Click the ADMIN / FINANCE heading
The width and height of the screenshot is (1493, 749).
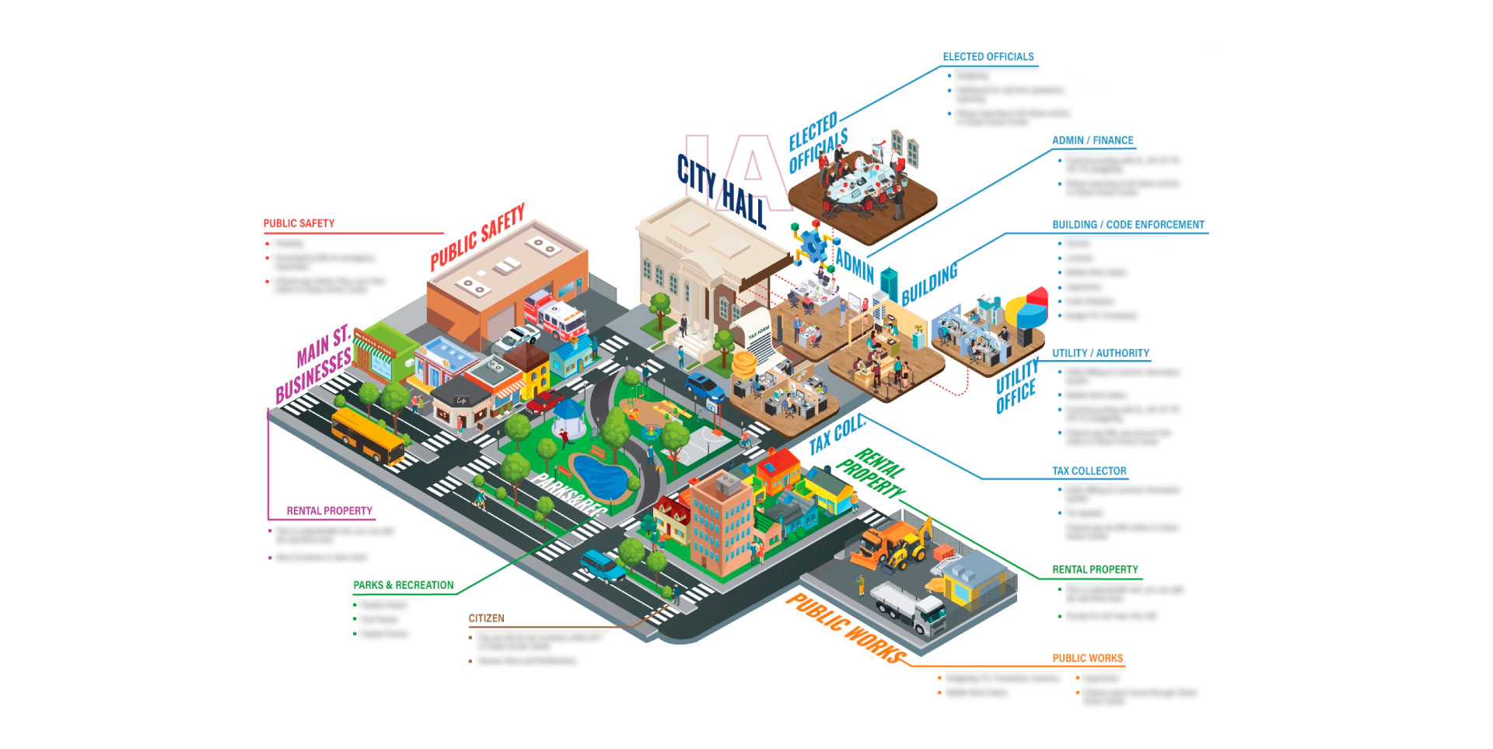pos(1093,141)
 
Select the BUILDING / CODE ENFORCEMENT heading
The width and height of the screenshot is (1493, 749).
pos(1128,225)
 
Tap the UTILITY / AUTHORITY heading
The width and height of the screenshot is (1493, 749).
pos(1100,353)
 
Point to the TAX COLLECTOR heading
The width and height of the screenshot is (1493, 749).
pos(1089,471)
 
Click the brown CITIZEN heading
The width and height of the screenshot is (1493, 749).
pos(486,618)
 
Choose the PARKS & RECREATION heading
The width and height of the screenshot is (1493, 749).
pos(403,585)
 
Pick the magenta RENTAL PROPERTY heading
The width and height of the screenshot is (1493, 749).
pos(329,511)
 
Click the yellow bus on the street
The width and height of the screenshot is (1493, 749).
pos(367,436)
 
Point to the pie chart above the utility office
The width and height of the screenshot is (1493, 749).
pos(1026,308)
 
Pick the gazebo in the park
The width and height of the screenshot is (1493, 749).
pos(570,420)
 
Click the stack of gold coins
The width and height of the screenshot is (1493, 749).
pos(744,365)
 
